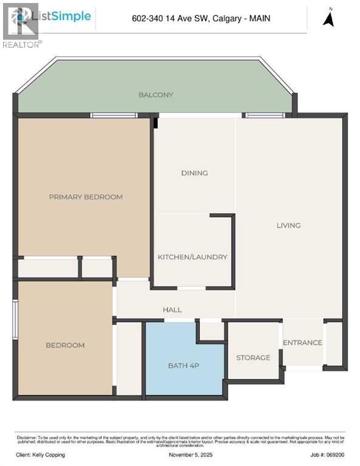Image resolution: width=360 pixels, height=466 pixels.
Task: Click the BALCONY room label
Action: tap(155, 95)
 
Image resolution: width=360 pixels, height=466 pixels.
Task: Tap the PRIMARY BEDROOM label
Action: tap(86, 197)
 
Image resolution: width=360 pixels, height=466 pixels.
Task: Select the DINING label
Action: tap(194, 173)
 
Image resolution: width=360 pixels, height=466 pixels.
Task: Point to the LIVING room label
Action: tap(288, 225)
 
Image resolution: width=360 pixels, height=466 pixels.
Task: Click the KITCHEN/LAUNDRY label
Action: tap(192, 257)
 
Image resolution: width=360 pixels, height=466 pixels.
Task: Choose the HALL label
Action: tap(172, 309)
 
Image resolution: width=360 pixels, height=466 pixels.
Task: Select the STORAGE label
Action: tap(253, 357)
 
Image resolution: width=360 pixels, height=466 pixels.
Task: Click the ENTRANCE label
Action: tap(302, 342)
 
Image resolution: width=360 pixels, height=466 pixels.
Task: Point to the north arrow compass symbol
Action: tap(329, 19)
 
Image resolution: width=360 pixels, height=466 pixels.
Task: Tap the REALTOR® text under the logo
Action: tap(22, 44)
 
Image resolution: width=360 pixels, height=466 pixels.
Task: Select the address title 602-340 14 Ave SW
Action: tap(201, 19)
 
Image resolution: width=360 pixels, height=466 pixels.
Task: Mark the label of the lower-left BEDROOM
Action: tap(65, 345)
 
